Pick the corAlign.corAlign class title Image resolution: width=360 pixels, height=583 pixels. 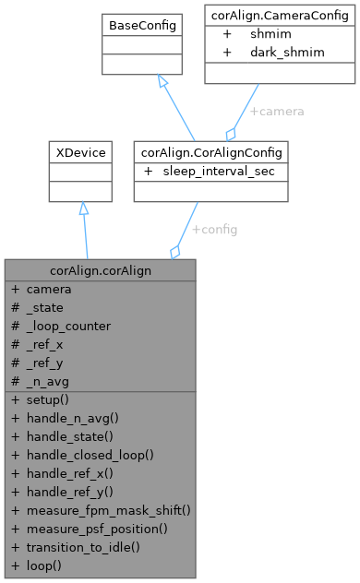100,270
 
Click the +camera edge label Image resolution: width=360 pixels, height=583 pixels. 277,111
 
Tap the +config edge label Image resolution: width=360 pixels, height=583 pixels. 214,230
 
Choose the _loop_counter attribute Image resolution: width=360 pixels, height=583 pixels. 68,326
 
